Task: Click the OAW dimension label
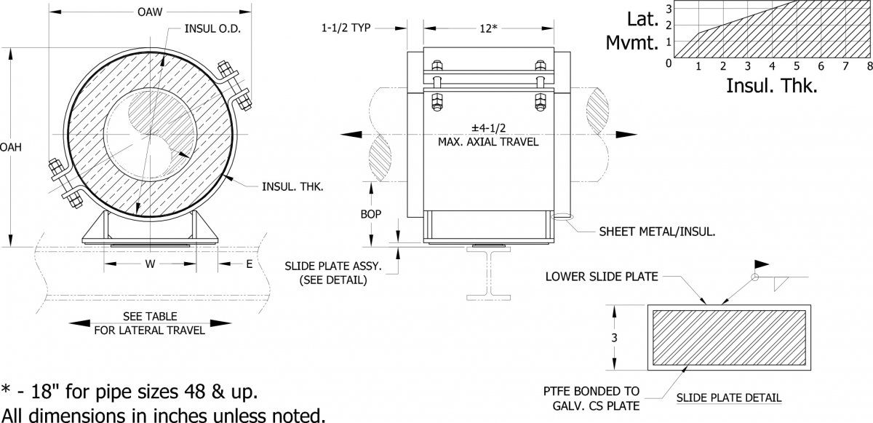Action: tap(149, 12)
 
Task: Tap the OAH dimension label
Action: tap(11, 147)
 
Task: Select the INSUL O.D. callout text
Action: tap(212, 30)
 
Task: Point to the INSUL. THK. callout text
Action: tap(293, 186)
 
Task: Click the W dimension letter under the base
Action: tap(149, 264)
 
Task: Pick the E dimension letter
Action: tap(249, 264)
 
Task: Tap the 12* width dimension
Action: tap(487, 28)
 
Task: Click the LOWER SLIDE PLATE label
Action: tap(602, 276)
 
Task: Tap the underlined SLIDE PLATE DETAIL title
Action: tap(728, 398)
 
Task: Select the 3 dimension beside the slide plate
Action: tap(614, 337)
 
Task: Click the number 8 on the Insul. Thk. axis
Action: tap(869, 66)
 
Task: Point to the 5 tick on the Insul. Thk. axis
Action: tap(797, 66)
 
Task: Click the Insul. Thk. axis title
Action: tap(772, 86)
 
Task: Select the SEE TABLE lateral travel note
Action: tap(150, 323)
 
